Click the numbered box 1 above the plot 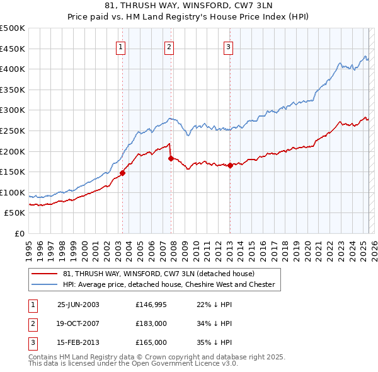pyautogui.click(x=120, y=45)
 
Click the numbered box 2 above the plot pyautogui.click(x=169, y=45)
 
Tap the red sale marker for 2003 pyautogui.click(x=123, y=173)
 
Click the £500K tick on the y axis pyautogui.click(x=13, y=28)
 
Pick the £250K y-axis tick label pyautogui.click(x=13, y=131)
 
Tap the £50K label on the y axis pyautogui.click(x=15, y=213)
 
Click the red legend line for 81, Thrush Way pyautogui.click(x=45, y=274)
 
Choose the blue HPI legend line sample pyautogui.click(x=45, y=284)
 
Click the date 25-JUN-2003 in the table pyautogui.click(x=78, y=305)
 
